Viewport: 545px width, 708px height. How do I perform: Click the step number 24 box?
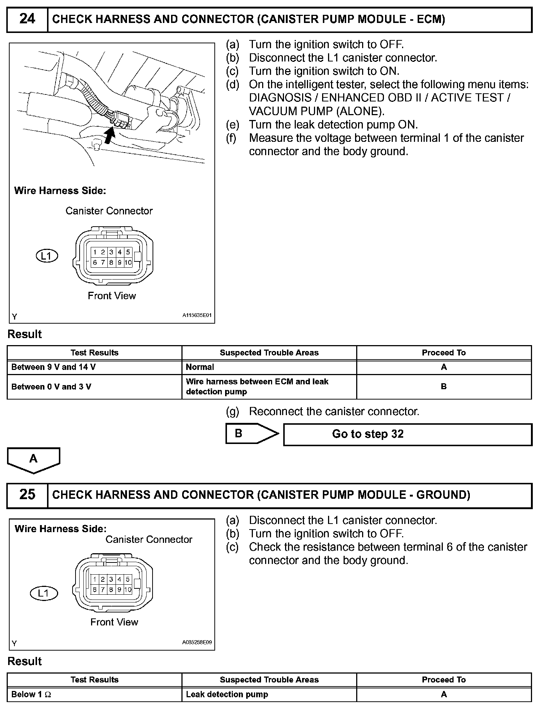27,19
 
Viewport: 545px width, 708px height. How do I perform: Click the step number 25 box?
27,495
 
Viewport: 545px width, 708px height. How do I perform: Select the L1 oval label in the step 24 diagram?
47,256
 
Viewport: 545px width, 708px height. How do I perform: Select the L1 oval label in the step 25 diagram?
44,593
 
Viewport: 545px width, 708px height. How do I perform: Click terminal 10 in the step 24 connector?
128,263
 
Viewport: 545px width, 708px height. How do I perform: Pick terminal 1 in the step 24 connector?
95,252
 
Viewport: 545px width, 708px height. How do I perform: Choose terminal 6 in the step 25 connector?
95,590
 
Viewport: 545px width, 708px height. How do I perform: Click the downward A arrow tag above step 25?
33,459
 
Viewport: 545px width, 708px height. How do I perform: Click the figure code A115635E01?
197,315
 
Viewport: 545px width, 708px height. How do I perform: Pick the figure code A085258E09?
197,642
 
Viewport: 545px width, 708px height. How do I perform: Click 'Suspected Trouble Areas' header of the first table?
269,353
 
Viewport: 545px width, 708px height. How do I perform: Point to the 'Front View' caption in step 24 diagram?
112,295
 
